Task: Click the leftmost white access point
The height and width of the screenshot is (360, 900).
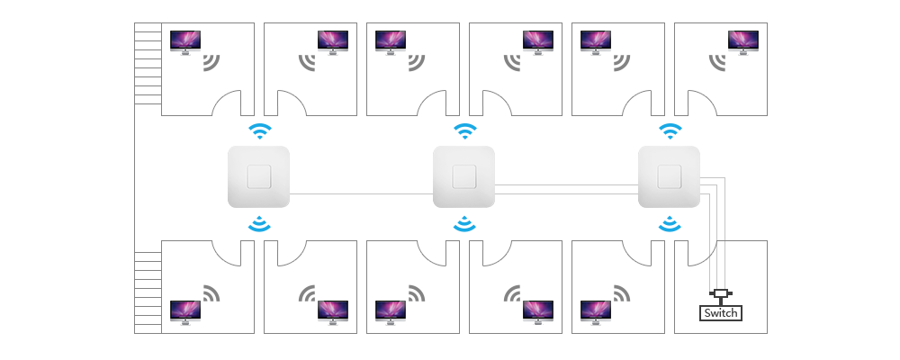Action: [x=259, y=176]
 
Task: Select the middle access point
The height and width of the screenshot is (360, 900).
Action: [x=464, y=176]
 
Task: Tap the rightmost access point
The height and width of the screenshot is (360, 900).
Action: [x=669, y=176]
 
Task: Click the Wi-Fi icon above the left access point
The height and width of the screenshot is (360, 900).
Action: [x=260, y=132]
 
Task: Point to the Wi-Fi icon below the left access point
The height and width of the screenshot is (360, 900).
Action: [x=259, y=223]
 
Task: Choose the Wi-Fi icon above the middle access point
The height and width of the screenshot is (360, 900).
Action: [x=465, y=132]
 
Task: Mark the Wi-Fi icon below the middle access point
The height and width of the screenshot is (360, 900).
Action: [x=465, y=224]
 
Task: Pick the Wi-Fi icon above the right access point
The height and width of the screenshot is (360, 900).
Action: [x=669, y=132]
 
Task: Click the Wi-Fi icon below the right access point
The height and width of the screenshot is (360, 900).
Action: [x=669, y=224]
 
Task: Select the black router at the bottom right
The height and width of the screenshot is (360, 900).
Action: [x=721, y=308]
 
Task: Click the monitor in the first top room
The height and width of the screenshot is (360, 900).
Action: [x=185, y=43]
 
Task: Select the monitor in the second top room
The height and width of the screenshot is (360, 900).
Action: [x=332, y=43]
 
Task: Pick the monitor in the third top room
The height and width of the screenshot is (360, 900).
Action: [x=391, y=43]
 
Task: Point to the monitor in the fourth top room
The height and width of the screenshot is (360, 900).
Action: [x=538, y=43]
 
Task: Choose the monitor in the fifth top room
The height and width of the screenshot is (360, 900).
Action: [x=596, y=43]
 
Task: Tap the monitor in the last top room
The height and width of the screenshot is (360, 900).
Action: [x=743, y=43]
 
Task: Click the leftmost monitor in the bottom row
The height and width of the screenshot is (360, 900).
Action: [x=185, y=312]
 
